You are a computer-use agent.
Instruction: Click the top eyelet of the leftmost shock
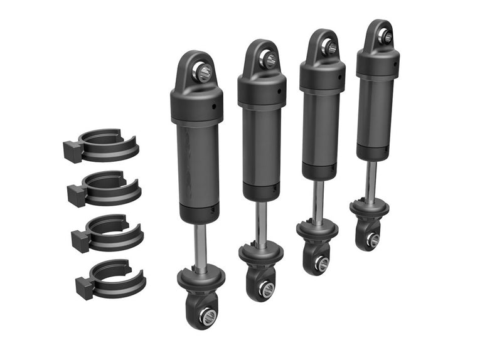pos(203,71)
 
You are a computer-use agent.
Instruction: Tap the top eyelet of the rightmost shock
pos(383,36)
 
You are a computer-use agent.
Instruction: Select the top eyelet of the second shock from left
pos(268,59)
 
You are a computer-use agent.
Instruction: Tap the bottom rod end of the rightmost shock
pos(373,240)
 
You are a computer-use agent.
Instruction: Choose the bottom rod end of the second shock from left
pos(265,289)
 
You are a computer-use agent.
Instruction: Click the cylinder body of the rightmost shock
pos(376,116)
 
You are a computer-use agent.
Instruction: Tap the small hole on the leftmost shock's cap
pos(214,107)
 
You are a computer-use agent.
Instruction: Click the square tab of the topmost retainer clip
pos(72,151)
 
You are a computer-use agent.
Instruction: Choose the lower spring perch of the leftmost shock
pos(201,277)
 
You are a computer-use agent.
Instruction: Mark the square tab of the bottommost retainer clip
pos(84,287)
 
